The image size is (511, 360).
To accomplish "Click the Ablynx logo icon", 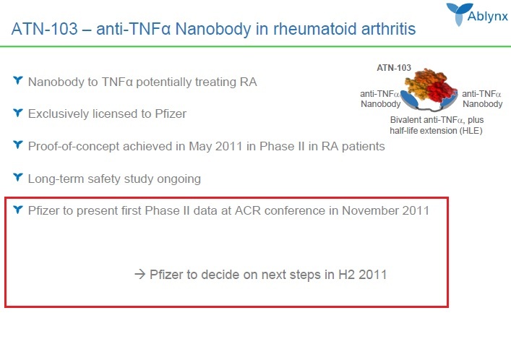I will pos(458,12).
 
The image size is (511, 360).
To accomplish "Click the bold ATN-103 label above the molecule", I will pos(394,68).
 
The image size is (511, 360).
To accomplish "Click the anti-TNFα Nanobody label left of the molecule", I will pos(380,98).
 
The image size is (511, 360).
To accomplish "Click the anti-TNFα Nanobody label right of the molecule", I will pos(482,98).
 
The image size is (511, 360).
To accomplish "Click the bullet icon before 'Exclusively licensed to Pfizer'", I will pos(18,113).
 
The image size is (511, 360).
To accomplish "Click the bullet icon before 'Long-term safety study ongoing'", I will pos(18,177).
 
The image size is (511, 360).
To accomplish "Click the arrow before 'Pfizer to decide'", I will pos(139,275).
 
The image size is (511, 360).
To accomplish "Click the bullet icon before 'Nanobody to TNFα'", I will pos(18,81).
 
